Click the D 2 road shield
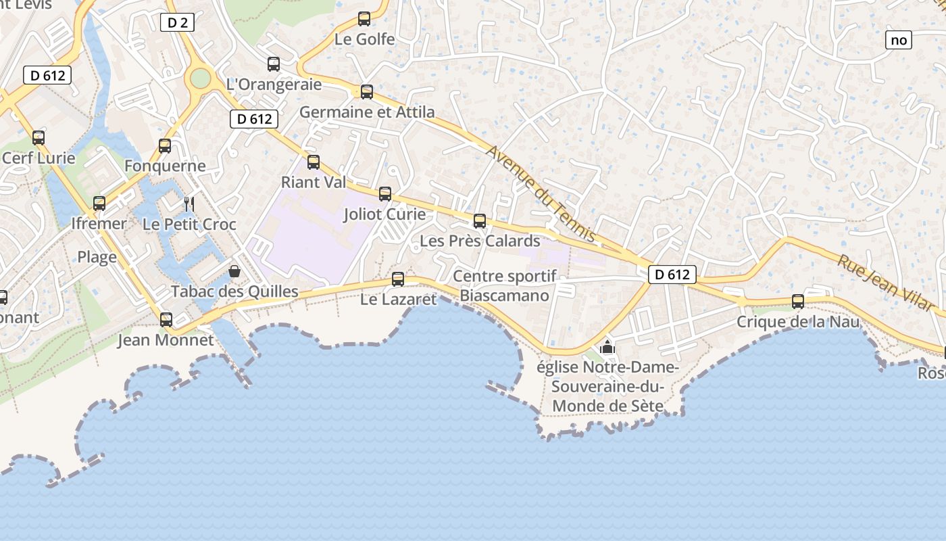[178, 23]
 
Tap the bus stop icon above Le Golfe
[364, 19]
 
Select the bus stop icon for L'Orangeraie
[274, 64]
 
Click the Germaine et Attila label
[367, 112]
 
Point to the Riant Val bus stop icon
[314, 162]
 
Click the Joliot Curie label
[384, 214]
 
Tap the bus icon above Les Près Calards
[480, 220]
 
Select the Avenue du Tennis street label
[540, 193]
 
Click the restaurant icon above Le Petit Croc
[189, 203]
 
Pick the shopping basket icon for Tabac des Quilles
[234, 271]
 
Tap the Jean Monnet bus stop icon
[166, 319]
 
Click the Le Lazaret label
[399, 298]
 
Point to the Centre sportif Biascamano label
[505, 285]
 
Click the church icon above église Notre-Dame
[607, 348]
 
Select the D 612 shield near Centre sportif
[672, 274]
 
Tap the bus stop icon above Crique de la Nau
[798, 302]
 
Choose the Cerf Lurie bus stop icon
[39, 138]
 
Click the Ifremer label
[99, 223]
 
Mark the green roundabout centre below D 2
[200, 78]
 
